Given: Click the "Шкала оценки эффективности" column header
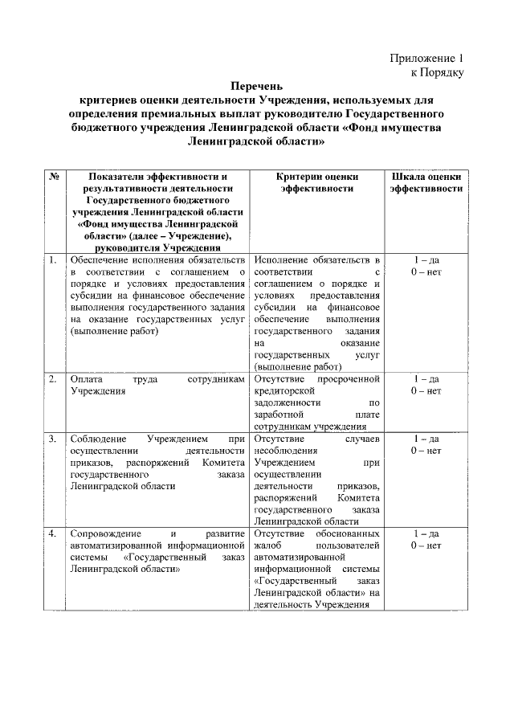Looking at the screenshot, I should (426, 182).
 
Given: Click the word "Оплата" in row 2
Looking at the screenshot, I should (87, 378).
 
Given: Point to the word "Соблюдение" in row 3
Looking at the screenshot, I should (98, 439).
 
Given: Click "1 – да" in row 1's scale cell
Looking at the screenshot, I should (426, 260).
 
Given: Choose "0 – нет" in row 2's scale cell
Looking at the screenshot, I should (426, 391).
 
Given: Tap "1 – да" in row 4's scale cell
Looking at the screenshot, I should (426, 534).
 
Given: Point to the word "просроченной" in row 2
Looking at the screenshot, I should (347, 378).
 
